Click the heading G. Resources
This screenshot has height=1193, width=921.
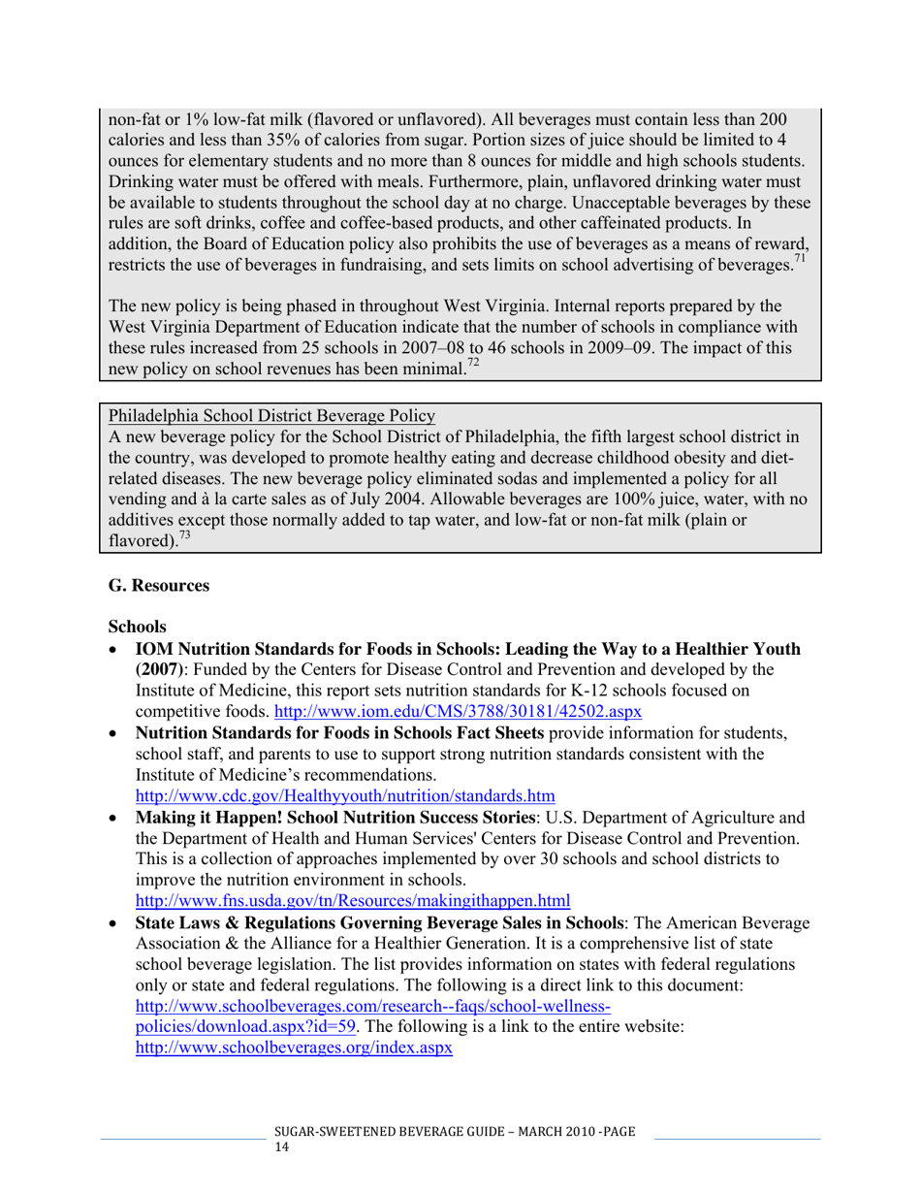[x=159, y=587]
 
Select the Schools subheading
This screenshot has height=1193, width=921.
[x=138, y=628]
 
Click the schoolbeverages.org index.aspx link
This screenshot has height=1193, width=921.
[x=294, y=1048]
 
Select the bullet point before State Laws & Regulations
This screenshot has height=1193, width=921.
[x=115, y=920]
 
